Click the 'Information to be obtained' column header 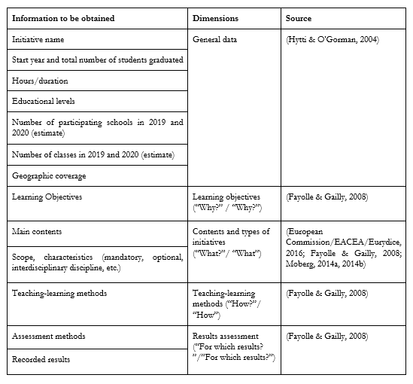click(63, 18)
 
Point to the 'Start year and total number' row click(97, 59)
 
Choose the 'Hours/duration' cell click(39, 81)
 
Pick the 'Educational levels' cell click(44, 101)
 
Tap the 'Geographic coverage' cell click(49, 175)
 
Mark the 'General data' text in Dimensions click(215, 38)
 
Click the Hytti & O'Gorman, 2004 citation click(324, 38)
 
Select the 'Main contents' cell click(37, 231)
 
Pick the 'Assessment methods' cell click(48, 337)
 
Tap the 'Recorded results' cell click(42, 359)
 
